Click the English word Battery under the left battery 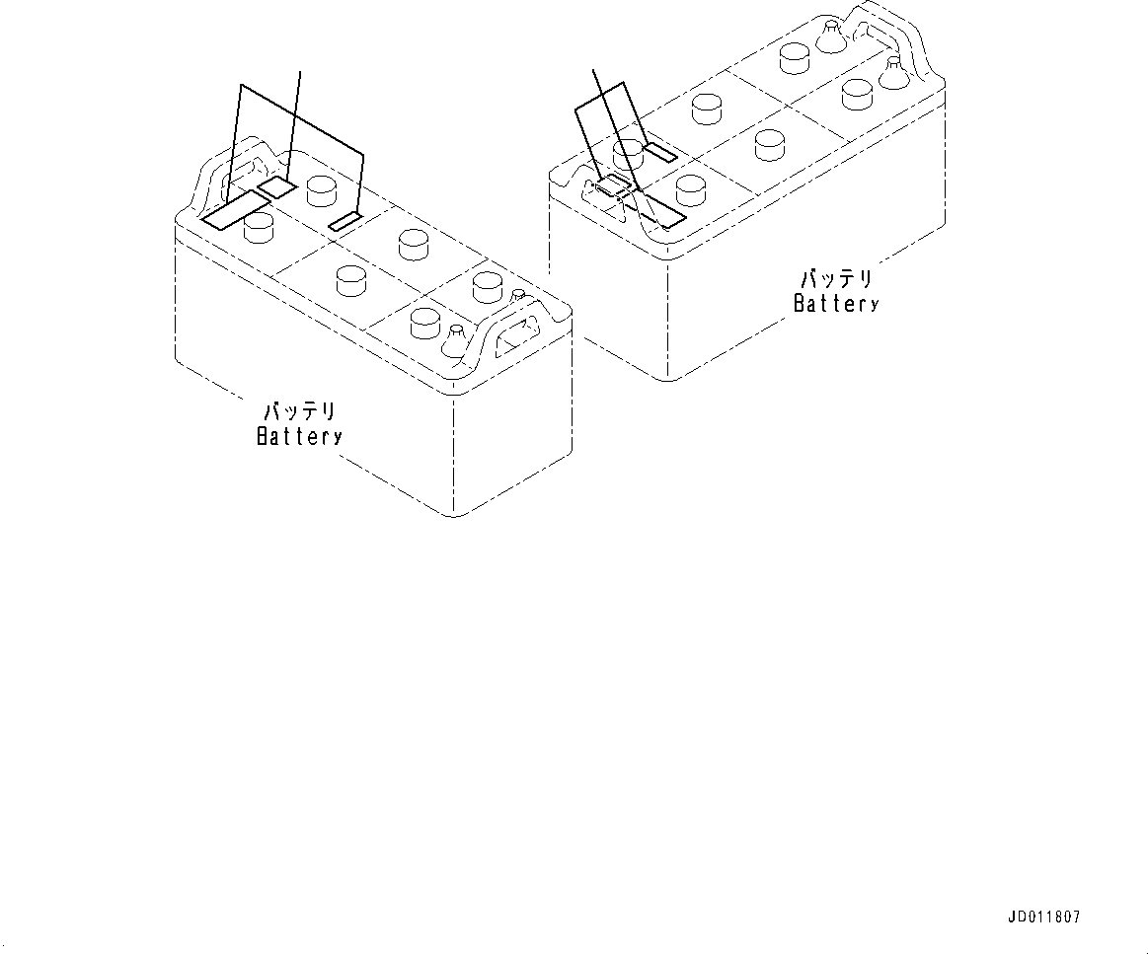coord(299,435)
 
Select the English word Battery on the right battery coord(835,303)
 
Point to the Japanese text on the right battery coord(835,279)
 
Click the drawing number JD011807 coord(1044,917)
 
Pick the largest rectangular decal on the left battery coord(235,208)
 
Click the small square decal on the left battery coord(277,188)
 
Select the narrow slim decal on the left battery coord(345,222)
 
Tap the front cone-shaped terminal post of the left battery coord(455,341)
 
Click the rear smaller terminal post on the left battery coord(517,295)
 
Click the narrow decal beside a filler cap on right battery coord(659,152)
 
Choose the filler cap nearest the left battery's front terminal coord(423,321)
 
